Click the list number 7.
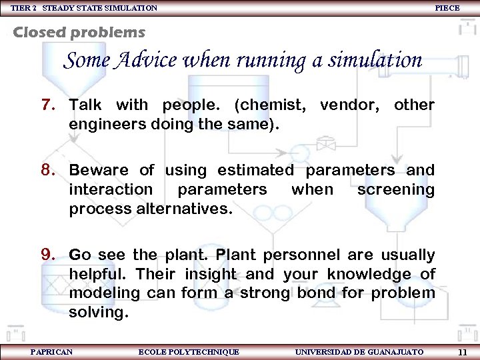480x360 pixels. [x=48, y=105]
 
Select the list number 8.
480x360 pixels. [x=48, y=171]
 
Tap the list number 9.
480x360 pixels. [x=48, y=255]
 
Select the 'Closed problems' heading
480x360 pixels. [x=79, y=32]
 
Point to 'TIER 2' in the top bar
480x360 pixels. [x=22, y=7]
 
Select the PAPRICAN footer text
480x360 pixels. [x=51, y=351]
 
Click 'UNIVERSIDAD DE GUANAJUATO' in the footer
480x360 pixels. [x=359, y=351]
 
